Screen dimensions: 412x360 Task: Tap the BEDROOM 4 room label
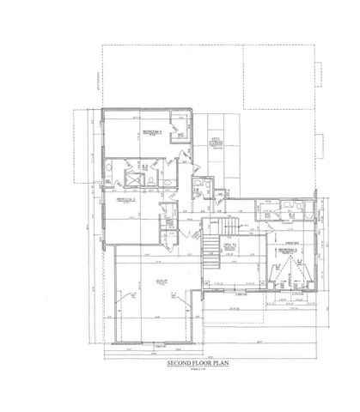(x=153, y=130)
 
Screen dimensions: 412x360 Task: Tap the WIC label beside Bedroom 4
(x=180, y=136)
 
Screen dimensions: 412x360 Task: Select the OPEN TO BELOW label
(x=229, y=249)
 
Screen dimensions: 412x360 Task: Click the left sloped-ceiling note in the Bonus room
(x=125, y=296)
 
